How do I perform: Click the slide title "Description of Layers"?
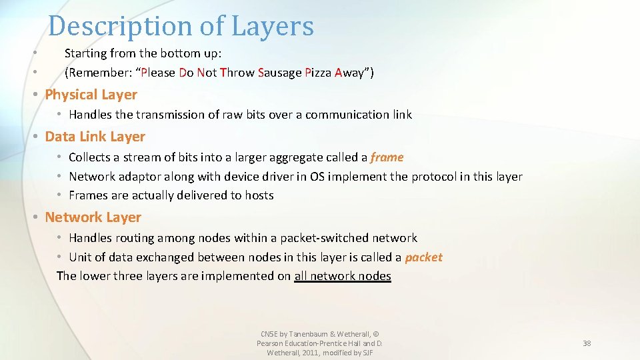tap(181, 27)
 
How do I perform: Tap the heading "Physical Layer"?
tap(91, 95)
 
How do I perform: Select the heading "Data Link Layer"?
tap(95, 137)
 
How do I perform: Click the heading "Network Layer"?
tap(93, 217)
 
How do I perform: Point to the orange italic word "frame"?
tap(387, 157)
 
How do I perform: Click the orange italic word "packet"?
tap(423, 257)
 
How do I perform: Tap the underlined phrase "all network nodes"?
tap(343, 276)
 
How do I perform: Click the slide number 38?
tap(587, 343)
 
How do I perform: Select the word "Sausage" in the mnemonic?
tap(279, 73)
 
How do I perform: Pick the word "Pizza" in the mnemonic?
tap(318, 73)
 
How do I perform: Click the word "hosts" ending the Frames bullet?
tap(259, 195)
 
